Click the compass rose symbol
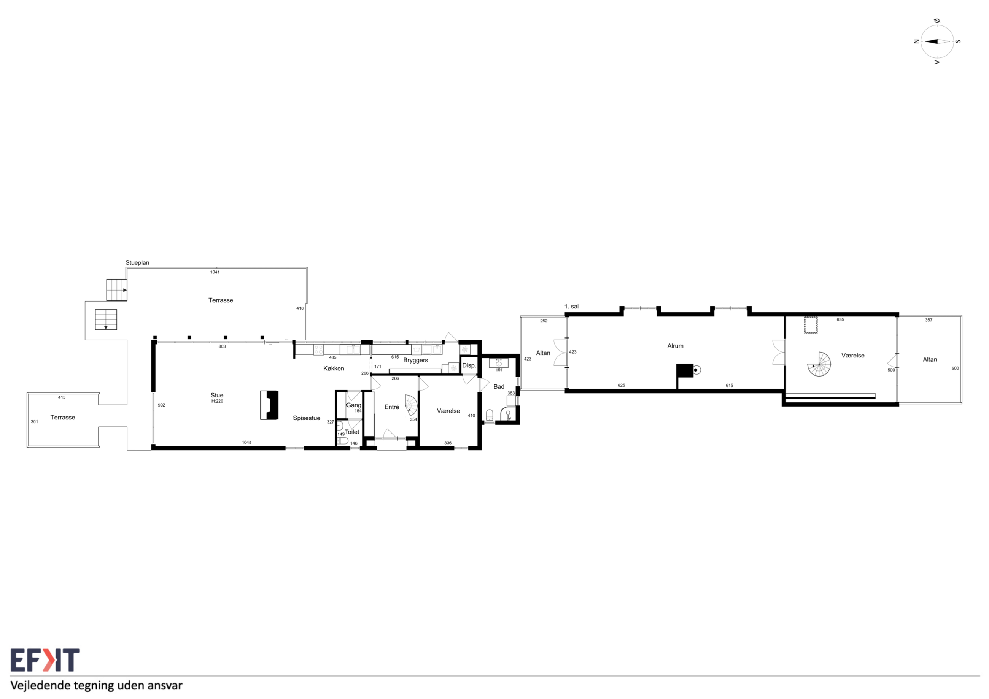tap(937, 42)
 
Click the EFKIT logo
tap(45, 660)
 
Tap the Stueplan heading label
tap(137, 263)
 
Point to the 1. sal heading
tap(571, 307)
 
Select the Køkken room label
tap(334, 369)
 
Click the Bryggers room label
tap(416, 361)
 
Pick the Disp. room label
tap(469, 365)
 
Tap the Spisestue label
tap(307, 418)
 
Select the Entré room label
tap(392, 407)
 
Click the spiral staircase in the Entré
tap(411, 405)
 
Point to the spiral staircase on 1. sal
tap(819, 364)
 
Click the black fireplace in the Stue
tap(269, 405)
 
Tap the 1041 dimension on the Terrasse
tap(215, 272)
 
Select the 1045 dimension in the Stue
tap(247, 443)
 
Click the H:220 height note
tap(217, 401)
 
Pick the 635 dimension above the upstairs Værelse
tap(840, 319)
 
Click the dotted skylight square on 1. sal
tap(811, 325)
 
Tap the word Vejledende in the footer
tap(40, 686)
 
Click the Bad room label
tap(499, 387)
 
